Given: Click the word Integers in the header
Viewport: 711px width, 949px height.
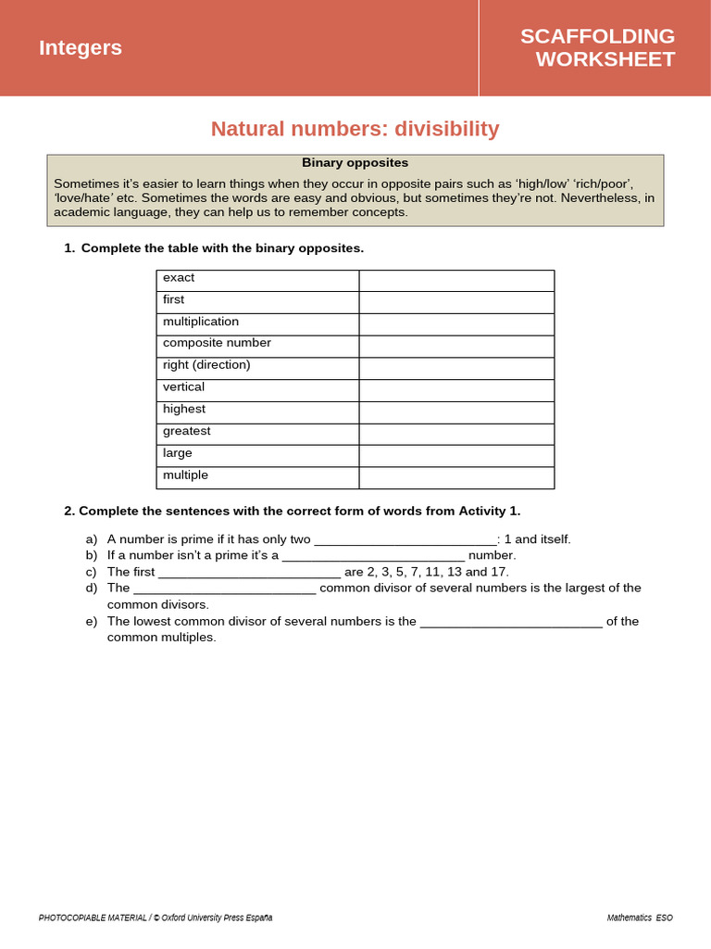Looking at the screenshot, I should coord(81,48).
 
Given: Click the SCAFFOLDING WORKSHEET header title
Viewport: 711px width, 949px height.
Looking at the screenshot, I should coord(597,48).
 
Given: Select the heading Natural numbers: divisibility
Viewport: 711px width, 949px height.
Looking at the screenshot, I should coord(355,129).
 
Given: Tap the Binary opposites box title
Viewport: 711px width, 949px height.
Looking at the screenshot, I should coord(355,163).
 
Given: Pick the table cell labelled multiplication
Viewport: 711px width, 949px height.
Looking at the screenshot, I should coord(257,323).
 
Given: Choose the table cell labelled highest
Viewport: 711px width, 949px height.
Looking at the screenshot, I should coord(257,411).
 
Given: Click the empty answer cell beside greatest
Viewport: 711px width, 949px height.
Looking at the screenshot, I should coord(456,434).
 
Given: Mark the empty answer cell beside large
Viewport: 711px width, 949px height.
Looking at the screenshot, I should coord(456,456).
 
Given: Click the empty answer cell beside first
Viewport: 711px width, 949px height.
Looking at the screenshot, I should coord(456,302).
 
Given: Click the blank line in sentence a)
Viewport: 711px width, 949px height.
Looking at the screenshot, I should coord(405,540).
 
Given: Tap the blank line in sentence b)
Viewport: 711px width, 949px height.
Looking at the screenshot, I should coord(373,556).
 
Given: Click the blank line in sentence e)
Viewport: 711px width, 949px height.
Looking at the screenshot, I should coord(511,622).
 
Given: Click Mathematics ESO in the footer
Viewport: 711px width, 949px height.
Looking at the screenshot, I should coord(640,917).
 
